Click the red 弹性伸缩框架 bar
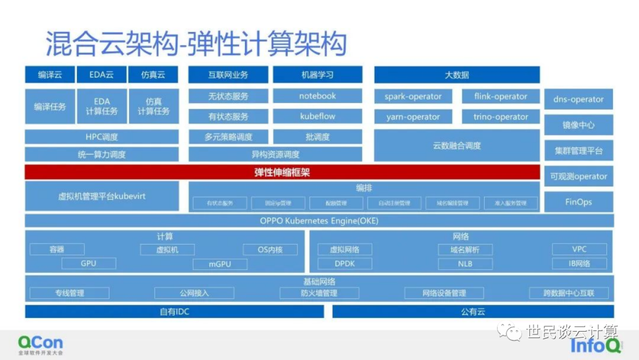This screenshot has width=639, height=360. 282,172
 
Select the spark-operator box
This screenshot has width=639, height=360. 413,97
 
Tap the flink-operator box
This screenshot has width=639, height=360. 501,97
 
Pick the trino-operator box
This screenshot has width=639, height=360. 501,117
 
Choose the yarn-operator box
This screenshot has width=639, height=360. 413,117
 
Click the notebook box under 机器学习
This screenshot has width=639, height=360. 317,96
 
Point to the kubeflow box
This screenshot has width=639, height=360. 317,116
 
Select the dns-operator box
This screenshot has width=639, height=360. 578,99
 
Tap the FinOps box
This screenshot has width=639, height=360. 578,202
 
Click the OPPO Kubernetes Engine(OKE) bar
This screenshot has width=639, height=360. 319,221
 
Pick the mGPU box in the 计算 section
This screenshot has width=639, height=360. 220,264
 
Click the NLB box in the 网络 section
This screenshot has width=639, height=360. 465,263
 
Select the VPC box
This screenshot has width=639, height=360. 579,249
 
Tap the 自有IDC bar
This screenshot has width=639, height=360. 175,311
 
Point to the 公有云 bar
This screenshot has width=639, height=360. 473,311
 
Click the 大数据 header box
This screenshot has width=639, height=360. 457,75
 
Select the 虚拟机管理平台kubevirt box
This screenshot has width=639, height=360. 102,196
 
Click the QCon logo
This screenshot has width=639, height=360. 40,344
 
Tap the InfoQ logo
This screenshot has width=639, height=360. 595,345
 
